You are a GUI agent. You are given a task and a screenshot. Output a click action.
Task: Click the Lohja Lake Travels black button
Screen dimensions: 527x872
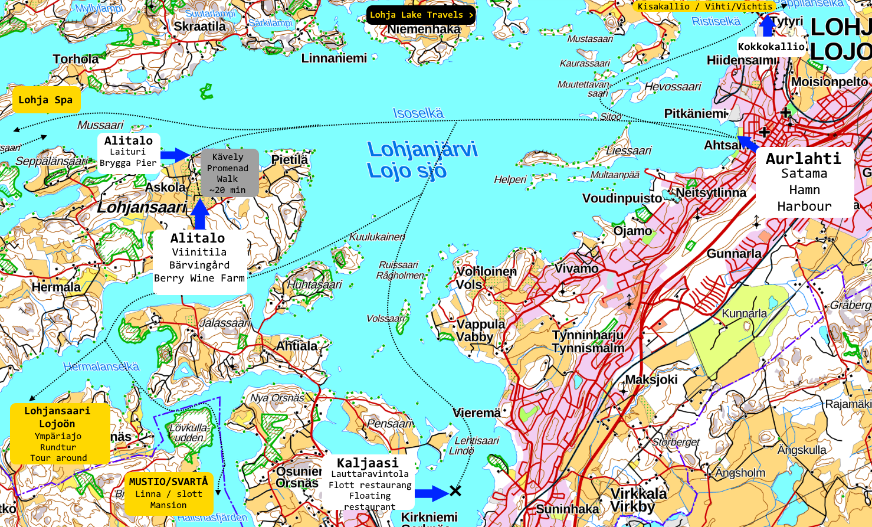(x=421, y=15)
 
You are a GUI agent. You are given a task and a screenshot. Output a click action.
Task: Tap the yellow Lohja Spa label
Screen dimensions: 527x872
(x=46, y=100)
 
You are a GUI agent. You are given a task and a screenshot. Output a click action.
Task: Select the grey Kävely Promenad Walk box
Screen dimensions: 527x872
(x=229, y=173)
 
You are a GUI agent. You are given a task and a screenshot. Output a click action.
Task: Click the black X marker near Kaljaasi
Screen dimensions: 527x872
(x=455, y=491)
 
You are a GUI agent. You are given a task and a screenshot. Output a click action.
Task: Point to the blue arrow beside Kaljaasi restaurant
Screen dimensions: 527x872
(x=431, y=493)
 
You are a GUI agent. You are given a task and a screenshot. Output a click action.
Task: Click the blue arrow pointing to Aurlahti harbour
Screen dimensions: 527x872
(x=748, y=143)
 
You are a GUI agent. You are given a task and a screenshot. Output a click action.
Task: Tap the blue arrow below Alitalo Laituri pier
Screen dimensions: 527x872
(x=175, y=155)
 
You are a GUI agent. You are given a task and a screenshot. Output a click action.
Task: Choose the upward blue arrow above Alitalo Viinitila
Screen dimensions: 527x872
(x=199, y=215)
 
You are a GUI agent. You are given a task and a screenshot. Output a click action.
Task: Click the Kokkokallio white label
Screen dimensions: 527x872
(x=771, y=47)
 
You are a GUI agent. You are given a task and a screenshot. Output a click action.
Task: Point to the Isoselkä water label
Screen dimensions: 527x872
(x=418, y=113)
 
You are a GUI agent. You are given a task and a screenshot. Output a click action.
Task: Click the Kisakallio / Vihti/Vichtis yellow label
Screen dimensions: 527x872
(x=704, y=6)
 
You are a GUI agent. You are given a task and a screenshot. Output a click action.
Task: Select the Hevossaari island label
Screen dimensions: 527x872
(x=672, y=87)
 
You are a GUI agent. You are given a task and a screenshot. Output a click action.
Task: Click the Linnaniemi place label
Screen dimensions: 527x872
(x=334, y=58)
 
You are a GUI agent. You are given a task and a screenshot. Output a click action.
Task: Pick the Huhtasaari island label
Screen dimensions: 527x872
(x=314, y=284)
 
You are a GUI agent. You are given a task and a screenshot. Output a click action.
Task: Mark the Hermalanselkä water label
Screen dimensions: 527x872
(x=101, y=366)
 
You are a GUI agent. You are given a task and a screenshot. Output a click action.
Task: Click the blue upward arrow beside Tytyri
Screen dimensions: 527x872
(x=767, y=25)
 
